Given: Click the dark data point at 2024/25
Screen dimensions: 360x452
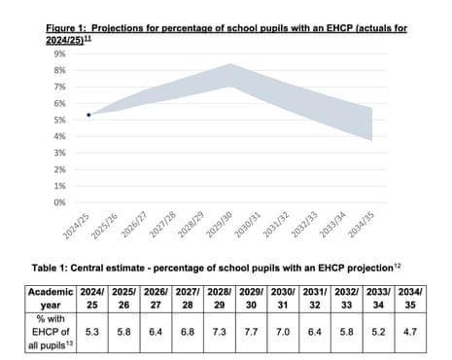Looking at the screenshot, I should (x=89, y=115).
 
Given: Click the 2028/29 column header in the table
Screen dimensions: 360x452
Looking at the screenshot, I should (x=224, y=297).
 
